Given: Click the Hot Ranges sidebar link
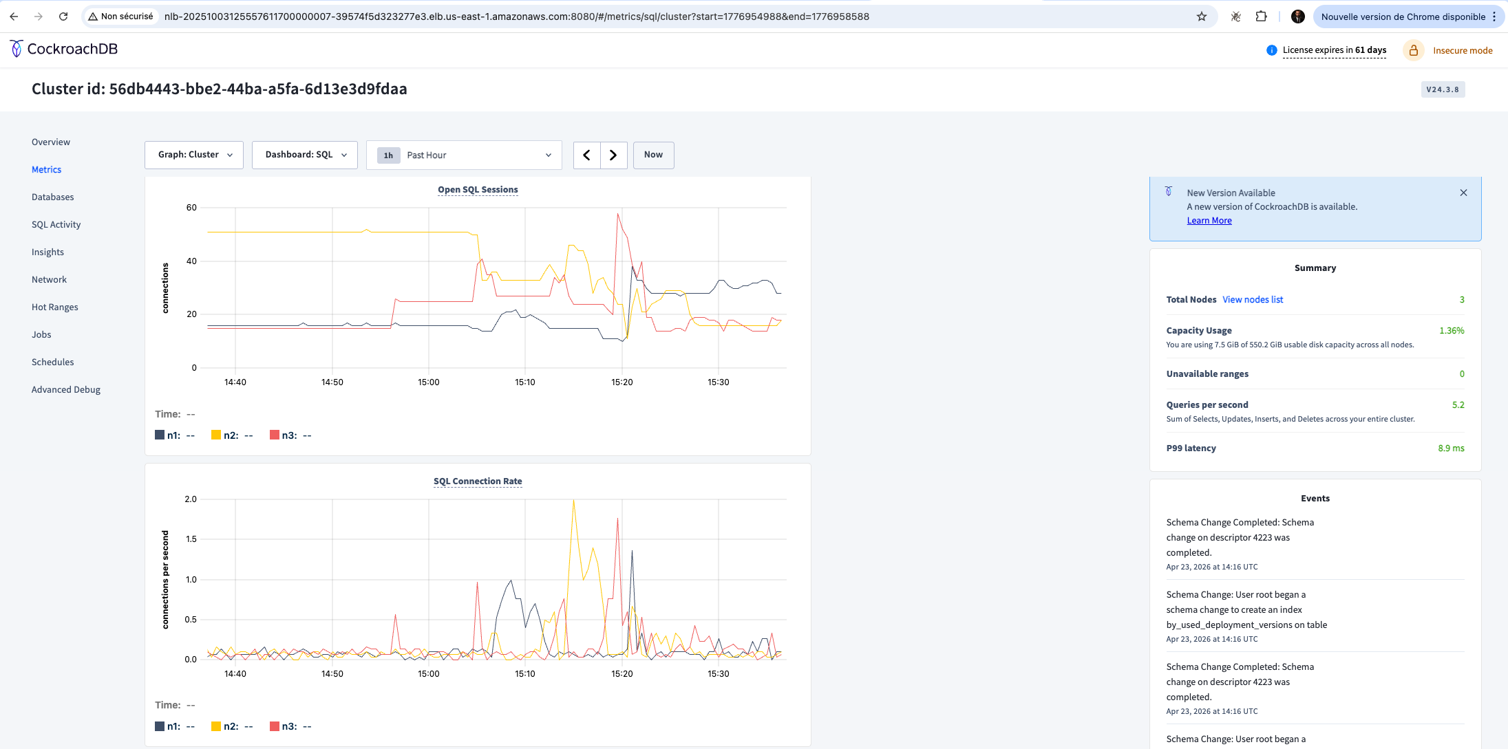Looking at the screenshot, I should [x=54, y=307].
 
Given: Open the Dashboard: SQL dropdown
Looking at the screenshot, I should [x=305, y=155].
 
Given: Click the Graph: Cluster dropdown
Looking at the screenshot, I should [x=194, y=155].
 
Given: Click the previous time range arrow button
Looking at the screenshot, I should [x=586, y=155].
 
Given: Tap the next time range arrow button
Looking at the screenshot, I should [x=613, y=155].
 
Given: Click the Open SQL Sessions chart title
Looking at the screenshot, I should [x=478, y=190].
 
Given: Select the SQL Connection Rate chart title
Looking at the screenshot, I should [x=478, y=481].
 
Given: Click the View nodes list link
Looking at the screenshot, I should [x=1253, y=300].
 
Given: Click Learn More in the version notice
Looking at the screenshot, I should [x=1209, y=221].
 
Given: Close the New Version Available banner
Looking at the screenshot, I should [x=1463, y=193].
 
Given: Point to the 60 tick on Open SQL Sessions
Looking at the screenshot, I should [x=191, y=208].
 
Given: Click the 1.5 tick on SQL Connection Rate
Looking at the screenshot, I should [x=191, y=539].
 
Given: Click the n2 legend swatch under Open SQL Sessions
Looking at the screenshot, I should [x=216, y=435].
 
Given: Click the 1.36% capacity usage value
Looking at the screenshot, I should [x=1452, y=331].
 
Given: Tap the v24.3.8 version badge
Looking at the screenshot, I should [x=1443, y=89].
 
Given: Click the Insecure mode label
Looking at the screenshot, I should [x=1463, y=50].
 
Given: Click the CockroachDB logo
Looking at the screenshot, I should [x=64, y=49].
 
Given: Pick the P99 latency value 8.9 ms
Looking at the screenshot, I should [x=1451, y=448].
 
